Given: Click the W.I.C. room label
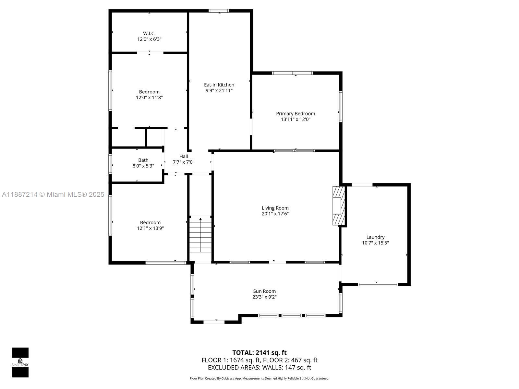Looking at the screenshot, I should tap(149, 33).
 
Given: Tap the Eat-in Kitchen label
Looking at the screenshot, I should tap(219, 85).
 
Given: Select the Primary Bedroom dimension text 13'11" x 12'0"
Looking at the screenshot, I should tap(296, 119).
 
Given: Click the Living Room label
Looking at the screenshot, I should tap(275, 208).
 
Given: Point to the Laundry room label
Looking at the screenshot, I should tap(375, 237).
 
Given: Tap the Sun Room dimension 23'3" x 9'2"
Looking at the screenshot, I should tap(264, 297).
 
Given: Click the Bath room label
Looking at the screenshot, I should tap(143, 160).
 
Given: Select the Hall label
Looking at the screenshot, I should tap(184, 156).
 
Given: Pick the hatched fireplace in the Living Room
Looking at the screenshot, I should tap(338, 206).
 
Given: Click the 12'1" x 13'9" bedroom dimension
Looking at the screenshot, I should tap(150, 228).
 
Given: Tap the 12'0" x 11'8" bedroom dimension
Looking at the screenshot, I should tap(149, 97).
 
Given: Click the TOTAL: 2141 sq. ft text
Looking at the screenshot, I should tap(259, 353).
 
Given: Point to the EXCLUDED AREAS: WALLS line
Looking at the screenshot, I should tap(259, 368).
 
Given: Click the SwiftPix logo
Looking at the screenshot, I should tap(20, 362).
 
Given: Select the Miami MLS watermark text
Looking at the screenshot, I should tap(53, 194).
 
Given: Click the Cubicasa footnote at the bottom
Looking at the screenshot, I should tap(259, 378).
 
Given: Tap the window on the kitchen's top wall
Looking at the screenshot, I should tap(219, 11).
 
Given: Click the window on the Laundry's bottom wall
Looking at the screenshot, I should tap(378, 284).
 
